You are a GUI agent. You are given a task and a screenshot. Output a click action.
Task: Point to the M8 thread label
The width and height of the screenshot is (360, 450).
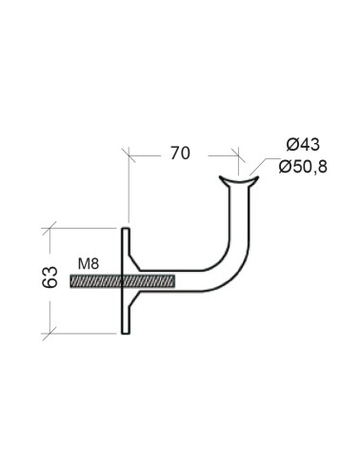[87, 263]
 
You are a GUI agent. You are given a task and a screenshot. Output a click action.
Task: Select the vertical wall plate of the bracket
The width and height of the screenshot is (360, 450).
[124, 280]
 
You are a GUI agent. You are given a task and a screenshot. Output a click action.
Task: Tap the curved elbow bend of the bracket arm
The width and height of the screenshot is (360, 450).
[230, 271]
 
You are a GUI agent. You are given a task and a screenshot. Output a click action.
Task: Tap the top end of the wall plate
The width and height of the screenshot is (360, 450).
[124, 230]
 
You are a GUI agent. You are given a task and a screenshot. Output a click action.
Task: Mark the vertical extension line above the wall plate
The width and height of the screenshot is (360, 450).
[126, 186]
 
